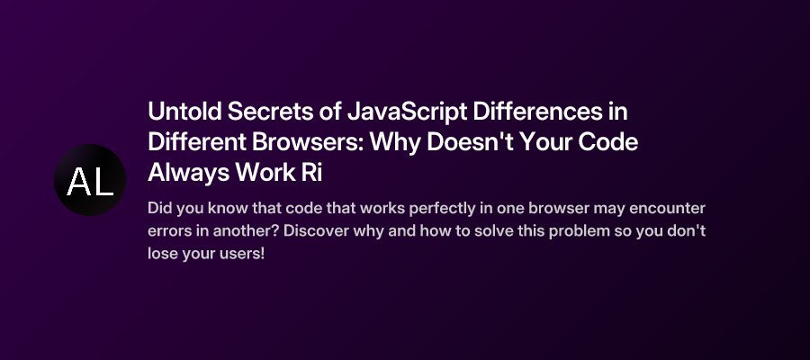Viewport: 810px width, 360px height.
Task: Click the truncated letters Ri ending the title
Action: [x=311, y=172]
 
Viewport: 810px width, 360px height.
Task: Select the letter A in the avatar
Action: [x=78, y=184]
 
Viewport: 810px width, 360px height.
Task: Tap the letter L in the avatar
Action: [x=103, y=184]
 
